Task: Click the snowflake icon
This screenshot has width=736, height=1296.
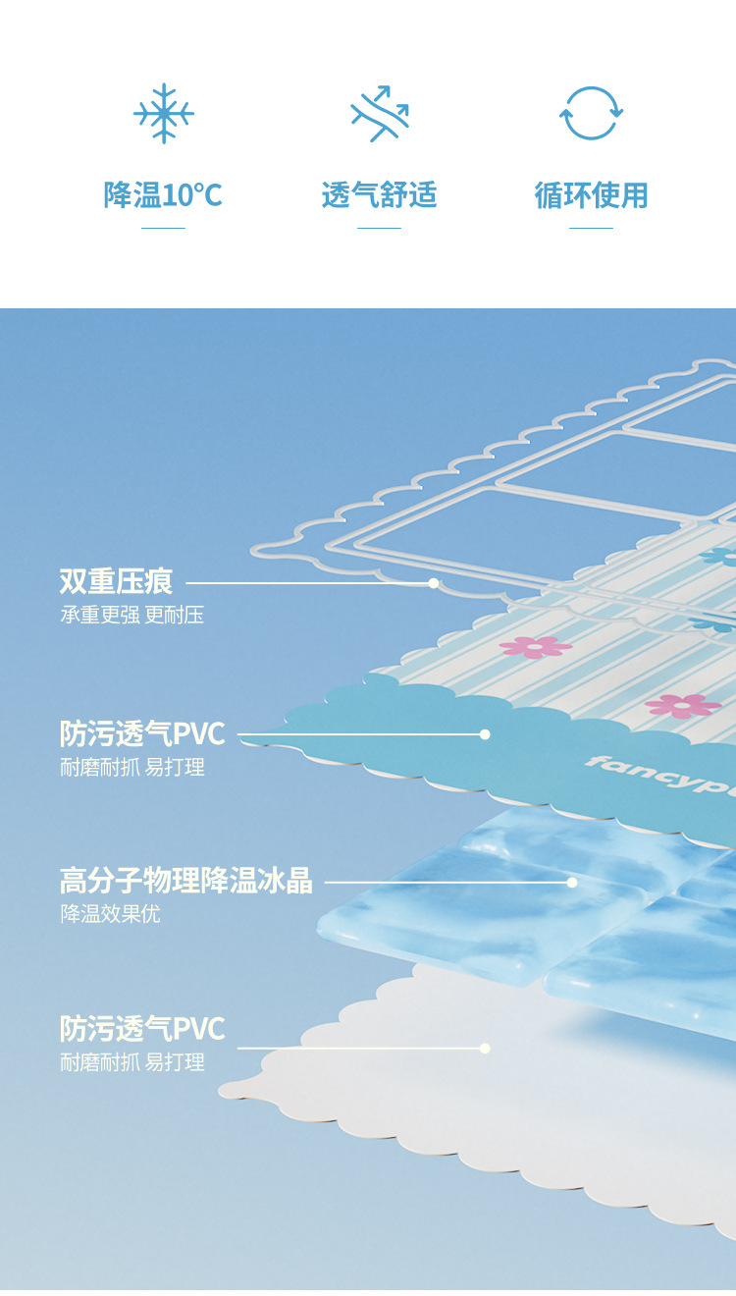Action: point(163,114)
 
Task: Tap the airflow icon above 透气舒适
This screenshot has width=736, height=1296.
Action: point(380,114)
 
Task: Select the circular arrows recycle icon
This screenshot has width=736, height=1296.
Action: point(591,114)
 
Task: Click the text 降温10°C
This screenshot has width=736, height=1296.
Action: point(163,194)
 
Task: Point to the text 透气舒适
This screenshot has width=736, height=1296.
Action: point(379,194)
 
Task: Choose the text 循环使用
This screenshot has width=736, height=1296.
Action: point(591,194)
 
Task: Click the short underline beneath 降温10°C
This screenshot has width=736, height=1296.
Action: point(163,228)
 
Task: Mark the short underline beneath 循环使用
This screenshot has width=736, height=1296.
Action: point(591,228)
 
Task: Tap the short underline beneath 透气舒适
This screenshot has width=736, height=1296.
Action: point(379,228)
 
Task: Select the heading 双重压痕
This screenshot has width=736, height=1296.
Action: point(116,581)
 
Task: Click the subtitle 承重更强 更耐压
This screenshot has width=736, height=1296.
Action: point(131,616)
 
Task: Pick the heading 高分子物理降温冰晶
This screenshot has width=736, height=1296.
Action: point(185,880)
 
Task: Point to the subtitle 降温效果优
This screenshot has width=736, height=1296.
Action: point(110,914)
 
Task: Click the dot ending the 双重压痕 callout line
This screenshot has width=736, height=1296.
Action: point(433,583)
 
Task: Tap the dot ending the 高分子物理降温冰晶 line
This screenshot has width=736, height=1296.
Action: point(572,882)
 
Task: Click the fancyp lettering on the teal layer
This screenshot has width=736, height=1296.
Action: point(657,777)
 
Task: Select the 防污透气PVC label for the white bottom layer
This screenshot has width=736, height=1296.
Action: point(142,1028)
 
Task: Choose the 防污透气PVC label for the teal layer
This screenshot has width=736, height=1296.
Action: point(142,732)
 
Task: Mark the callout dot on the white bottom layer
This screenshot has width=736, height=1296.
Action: point(485,1048)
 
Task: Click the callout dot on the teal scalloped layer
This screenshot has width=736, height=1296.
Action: point(485,733)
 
